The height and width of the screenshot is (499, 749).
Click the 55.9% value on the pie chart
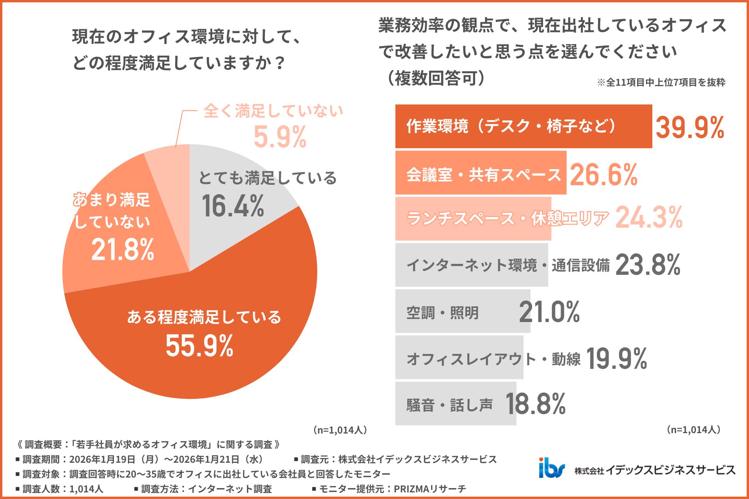(x=199, y=346)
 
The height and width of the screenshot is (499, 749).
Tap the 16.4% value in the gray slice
(x=233, y=206)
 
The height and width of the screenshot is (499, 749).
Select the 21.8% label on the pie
(x=122, y=249)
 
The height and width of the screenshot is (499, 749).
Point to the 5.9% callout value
(x=280, y=137)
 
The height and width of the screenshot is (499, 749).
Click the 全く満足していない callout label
(x=273, y=111)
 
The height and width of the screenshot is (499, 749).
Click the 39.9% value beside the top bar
(x=689, y=127)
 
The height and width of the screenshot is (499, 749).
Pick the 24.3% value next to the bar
(x=649, y=218)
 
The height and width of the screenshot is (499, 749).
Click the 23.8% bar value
(x=648, y=265)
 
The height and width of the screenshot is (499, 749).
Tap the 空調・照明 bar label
(x=442, y=313)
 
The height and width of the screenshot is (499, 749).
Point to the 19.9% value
(x=616, y=359)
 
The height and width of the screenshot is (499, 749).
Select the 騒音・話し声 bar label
(x=449, y=405)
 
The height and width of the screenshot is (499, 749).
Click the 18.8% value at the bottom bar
(x=535, y=404)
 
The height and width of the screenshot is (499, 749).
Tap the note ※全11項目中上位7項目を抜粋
(x=661, y=82)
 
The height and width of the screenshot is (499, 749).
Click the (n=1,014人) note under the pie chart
(x=339, y=430)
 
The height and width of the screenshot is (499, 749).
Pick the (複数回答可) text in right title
(x=436, y=78)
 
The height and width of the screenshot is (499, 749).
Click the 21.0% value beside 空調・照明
(x=549, y=312)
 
